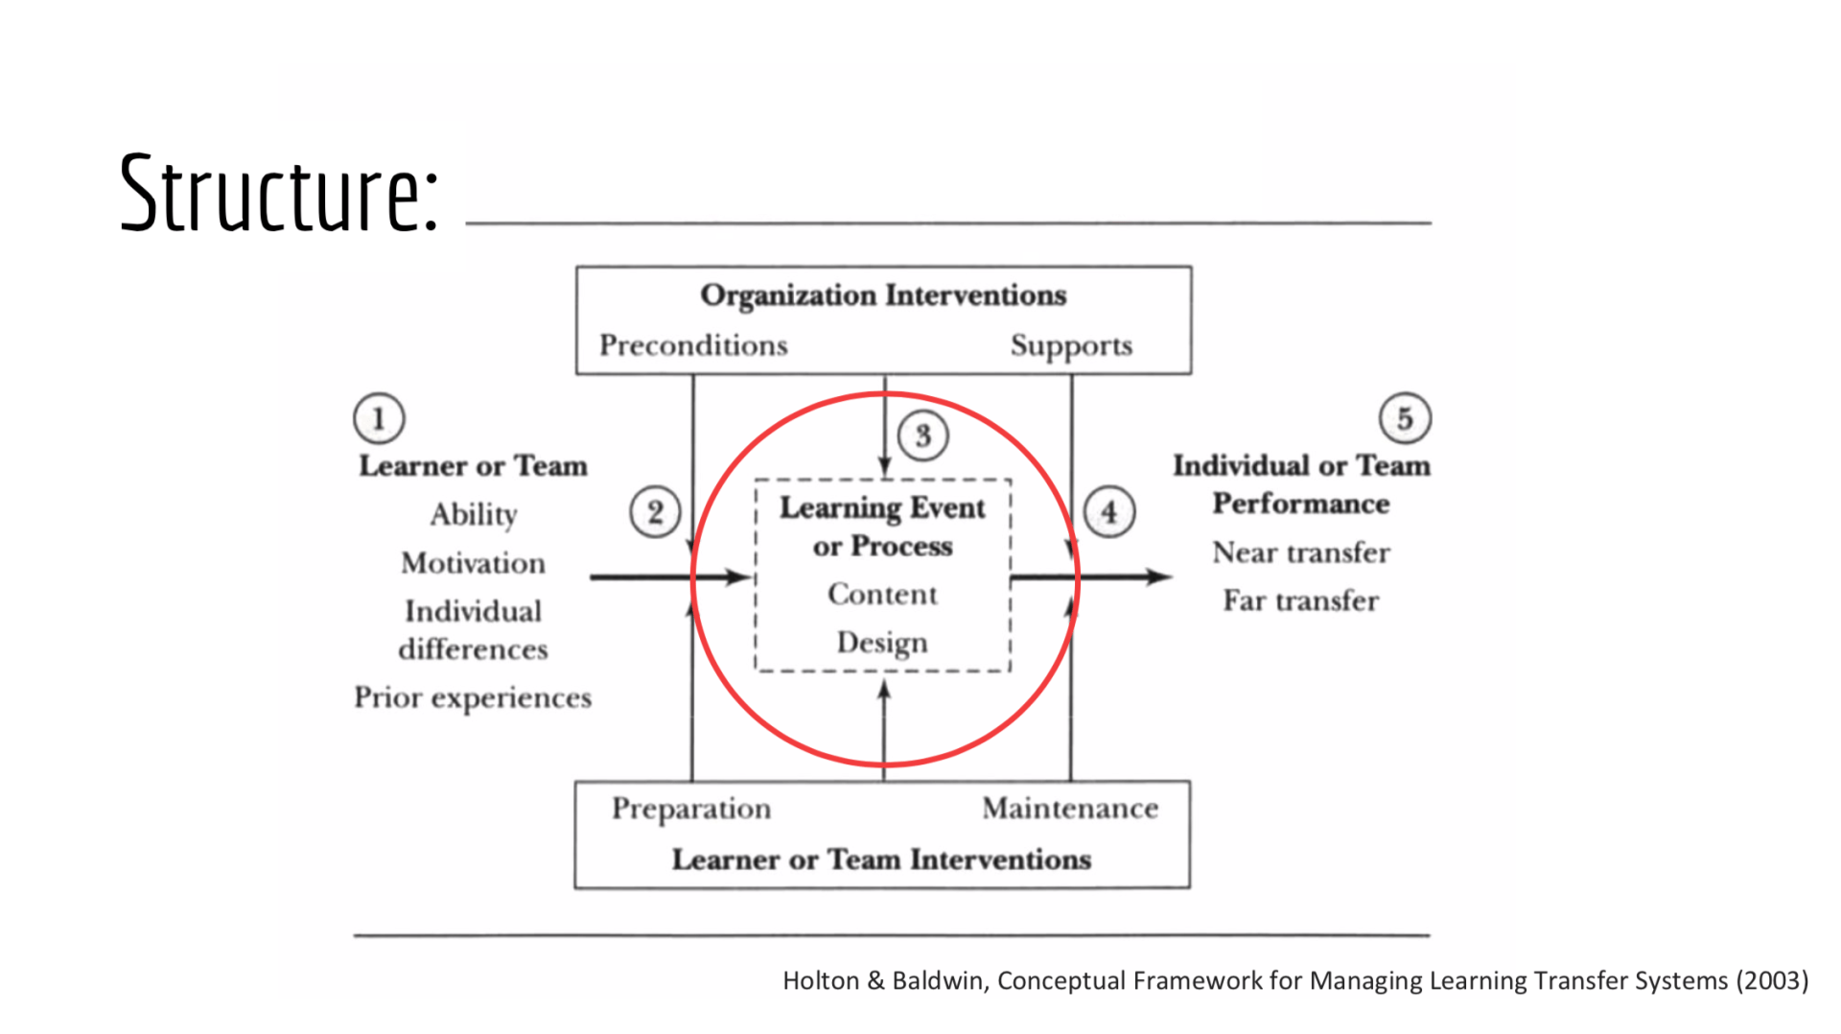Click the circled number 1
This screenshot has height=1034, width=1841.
pyautogui.click(x=379, y=418)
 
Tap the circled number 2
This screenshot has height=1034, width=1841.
pyautogui.click(x=655, y=511)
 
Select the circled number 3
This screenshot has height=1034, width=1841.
pyautogui.click(x=922, y=435)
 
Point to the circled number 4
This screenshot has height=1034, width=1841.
pyautogui.click(x=1109, y=511)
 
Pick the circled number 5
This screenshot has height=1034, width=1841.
pyautogui.click(x=1405, y=418)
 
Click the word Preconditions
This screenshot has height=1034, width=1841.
pyautogui.click(x=693, y=345)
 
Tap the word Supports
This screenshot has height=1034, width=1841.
pyautogui.click(x=1071, y=345)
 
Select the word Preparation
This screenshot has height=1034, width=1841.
pyautogui.click(x=691, y=809)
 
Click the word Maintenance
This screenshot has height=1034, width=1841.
pyautogui.click(x=1070, y=809)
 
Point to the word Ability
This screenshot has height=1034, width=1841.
pyautogui.click(x=474, y=514)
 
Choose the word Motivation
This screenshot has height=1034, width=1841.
pyautogui.click(x=474, y=563)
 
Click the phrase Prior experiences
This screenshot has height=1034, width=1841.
pyautogui.click(x=473, y=697)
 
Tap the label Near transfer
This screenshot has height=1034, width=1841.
pyautogui.click(x=1301, y=552)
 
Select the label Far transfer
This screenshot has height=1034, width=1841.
pyautogui.click(x=1301, y=600)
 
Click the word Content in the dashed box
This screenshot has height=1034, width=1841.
pyautogui.click(x=882, y=595)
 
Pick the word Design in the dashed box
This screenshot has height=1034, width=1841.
pyautogui.click(x=882, y=643)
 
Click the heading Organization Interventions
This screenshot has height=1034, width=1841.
pyautogui.click(x=883, y=295)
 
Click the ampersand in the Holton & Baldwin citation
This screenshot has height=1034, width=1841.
pyautogui.click(x=875, y=980)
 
